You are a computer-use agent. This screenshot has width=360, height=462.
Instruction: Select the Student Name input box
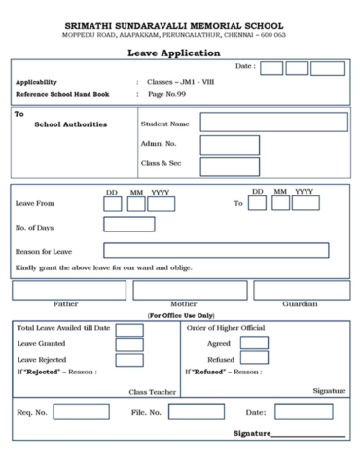point(272,123)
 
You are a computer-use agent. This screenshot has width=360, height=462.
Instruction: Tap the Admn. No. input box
point(230,144)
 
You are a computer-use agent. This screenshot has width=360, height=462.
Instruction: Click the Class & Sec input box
point(230,166)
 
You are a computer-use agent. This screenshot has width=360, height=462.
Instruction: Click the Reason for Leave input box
point(216,250)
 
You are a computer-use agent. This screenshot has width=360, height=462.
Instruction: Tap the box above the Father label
point(68,290)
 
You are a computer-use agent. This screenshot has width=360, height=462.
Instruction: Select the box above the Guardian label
point(302,290)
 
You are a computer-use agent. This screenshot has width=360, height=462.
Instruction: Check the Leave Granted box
point(129,344)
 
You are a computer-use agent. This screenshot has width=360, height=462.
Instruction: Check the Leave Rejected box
point(129,359)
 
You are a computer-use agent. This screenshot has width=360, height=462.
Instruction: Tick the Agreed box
point(254,343)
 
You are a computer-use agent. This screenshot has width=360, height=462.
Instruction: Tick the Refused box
point(254,359)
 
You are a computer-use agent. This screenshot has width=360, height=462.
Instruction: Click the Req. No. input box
point(81,412)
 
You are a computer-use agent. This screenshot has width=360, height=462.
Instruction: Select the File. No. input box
point(197,412)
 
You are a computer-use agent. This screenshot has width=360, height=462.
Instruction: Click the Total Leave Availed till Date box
point(129,330)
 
